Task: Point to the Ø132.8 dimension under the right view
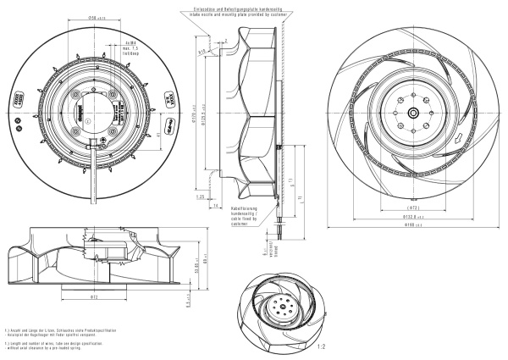[413, 216]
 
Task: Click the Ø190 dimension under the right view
[412, 225]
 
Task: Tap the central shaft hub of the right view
[412, 113]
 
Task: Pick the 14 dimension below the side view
[217, 205]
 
